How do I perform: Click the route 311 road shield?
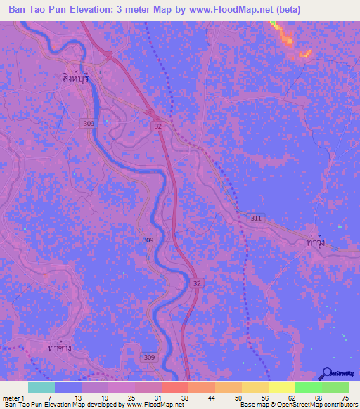pos(255,219)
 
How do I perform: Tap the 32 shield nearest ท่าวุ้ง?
pos(198,282)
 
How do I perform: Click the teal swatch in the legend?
pos(41,387)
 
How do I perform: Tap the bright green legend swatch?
pos(308,387)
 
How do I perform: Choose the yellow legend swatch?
pos(281,387)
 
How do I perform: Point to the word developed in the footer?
pos(107,405)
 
